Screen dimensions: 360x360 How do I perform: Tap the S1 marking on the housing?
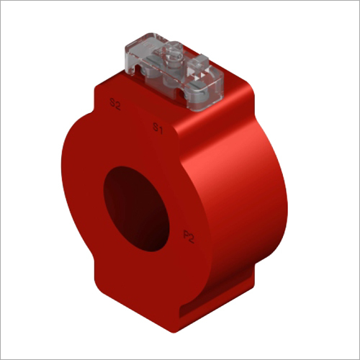[156, 127]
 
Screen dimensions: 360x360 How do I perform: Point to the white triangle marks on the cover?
[197, 73]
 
